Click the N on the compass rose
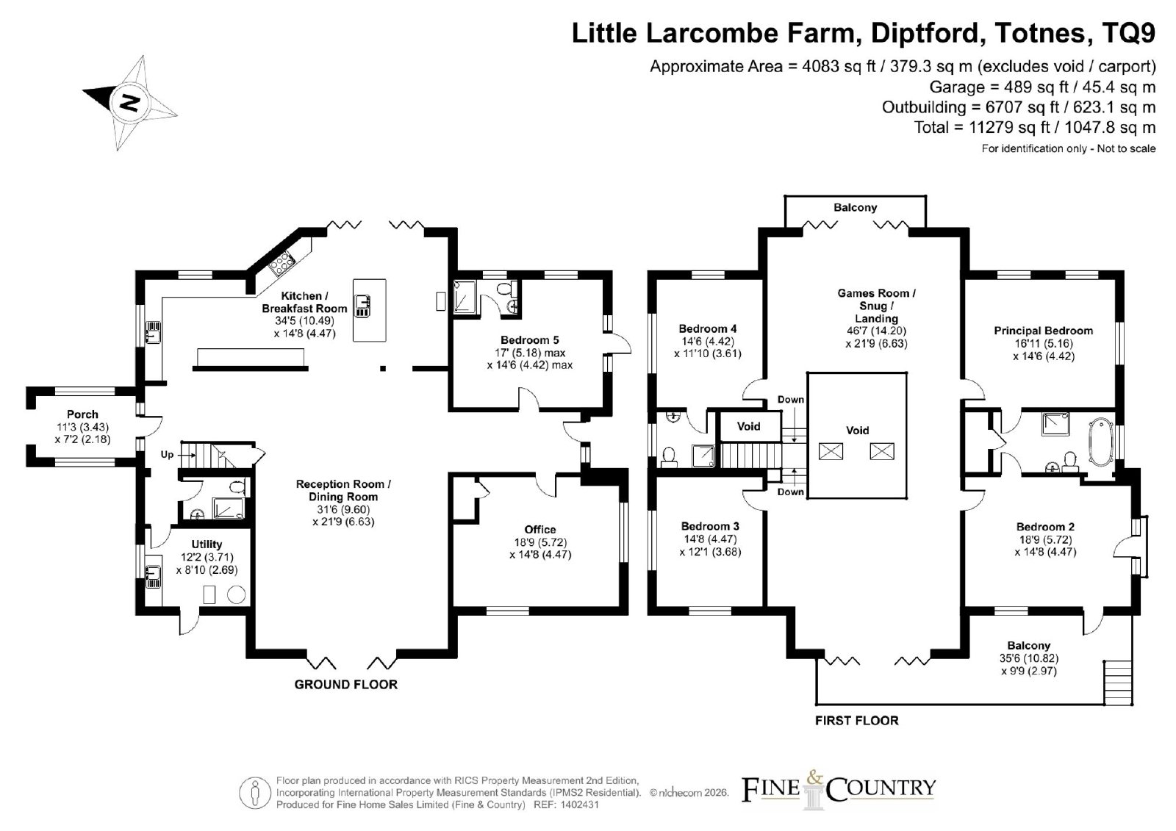129,102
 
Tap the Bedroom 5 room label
529,339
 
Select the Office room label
539,529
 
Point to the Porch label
82,414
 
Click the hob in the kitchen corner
282,262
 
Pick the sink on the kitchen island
363,306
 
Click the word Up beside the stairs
167,455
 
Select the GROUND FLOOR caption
346,685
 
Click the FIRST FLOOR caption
857,721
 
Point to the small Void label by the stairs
749,426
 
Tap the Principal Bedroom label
1043,331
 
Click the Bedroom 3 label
710,526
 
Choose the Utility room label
207,544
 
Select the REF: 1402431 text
566,805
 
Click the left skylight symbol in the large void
831,451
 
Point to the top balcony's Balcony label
856,207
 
